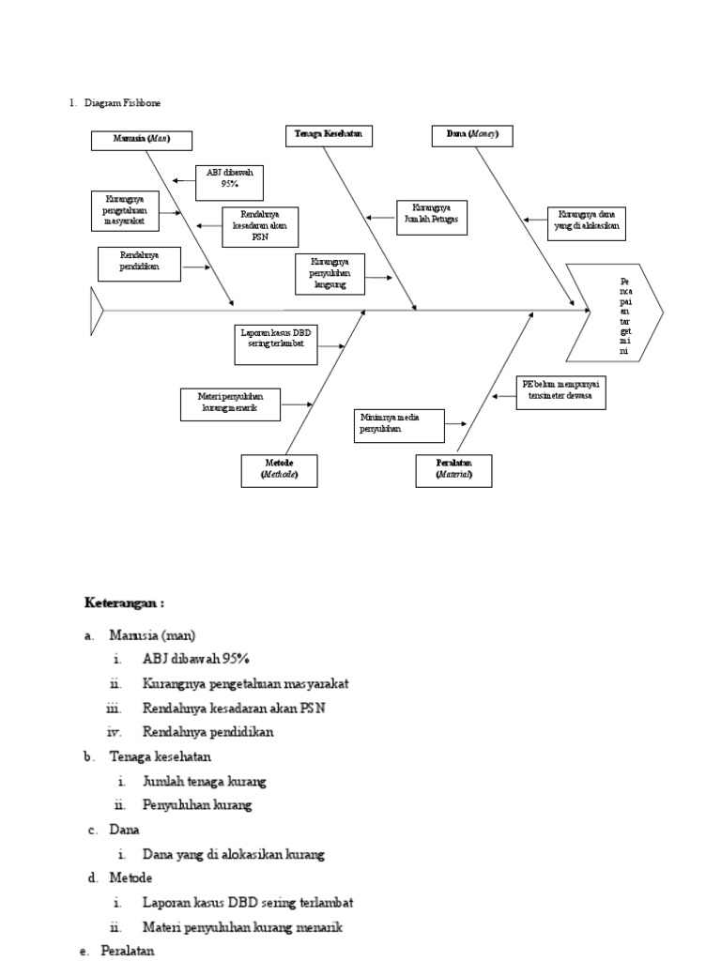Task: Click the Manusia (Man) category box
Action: pyautogui.click(x=143, y=141)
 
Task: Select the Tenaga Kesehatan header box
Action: pyautogui.click(x=329, y=136)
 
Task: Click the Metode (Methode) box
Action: pyautogui.click(x=279, y=471)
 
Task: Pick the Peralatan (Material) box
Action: pyautogui.click(x=454, y=470)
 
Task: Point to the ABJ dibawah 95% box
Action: pyautogui.click(x=230, y=182)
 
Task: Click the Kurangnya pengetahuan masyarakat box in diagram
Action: pyautogui.click(x=126, y=210)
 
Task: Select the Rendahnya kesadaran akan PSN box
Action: pyautogui.click(x=260, y=227)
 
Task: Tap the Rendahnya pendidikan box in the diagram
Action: pyautogui.click(x=139, y=264)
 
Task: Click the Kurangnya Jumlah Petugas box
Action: pyautogui.click(x=431, y=217)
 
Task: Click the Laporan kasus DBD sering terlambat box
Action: pyautogui.click(x=275, y=344)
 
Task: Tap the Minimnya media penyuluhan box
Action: pyautogui.click(x=398, y=424)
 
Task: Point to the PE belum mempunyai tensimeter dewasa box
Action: pyautogui.click(x=561, y=394)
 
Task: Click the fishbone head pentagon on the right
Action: pyautogui.click(x=615, y=312)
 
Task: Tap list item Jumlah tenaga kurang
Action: pyautogui.click(x=205, y=781)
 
